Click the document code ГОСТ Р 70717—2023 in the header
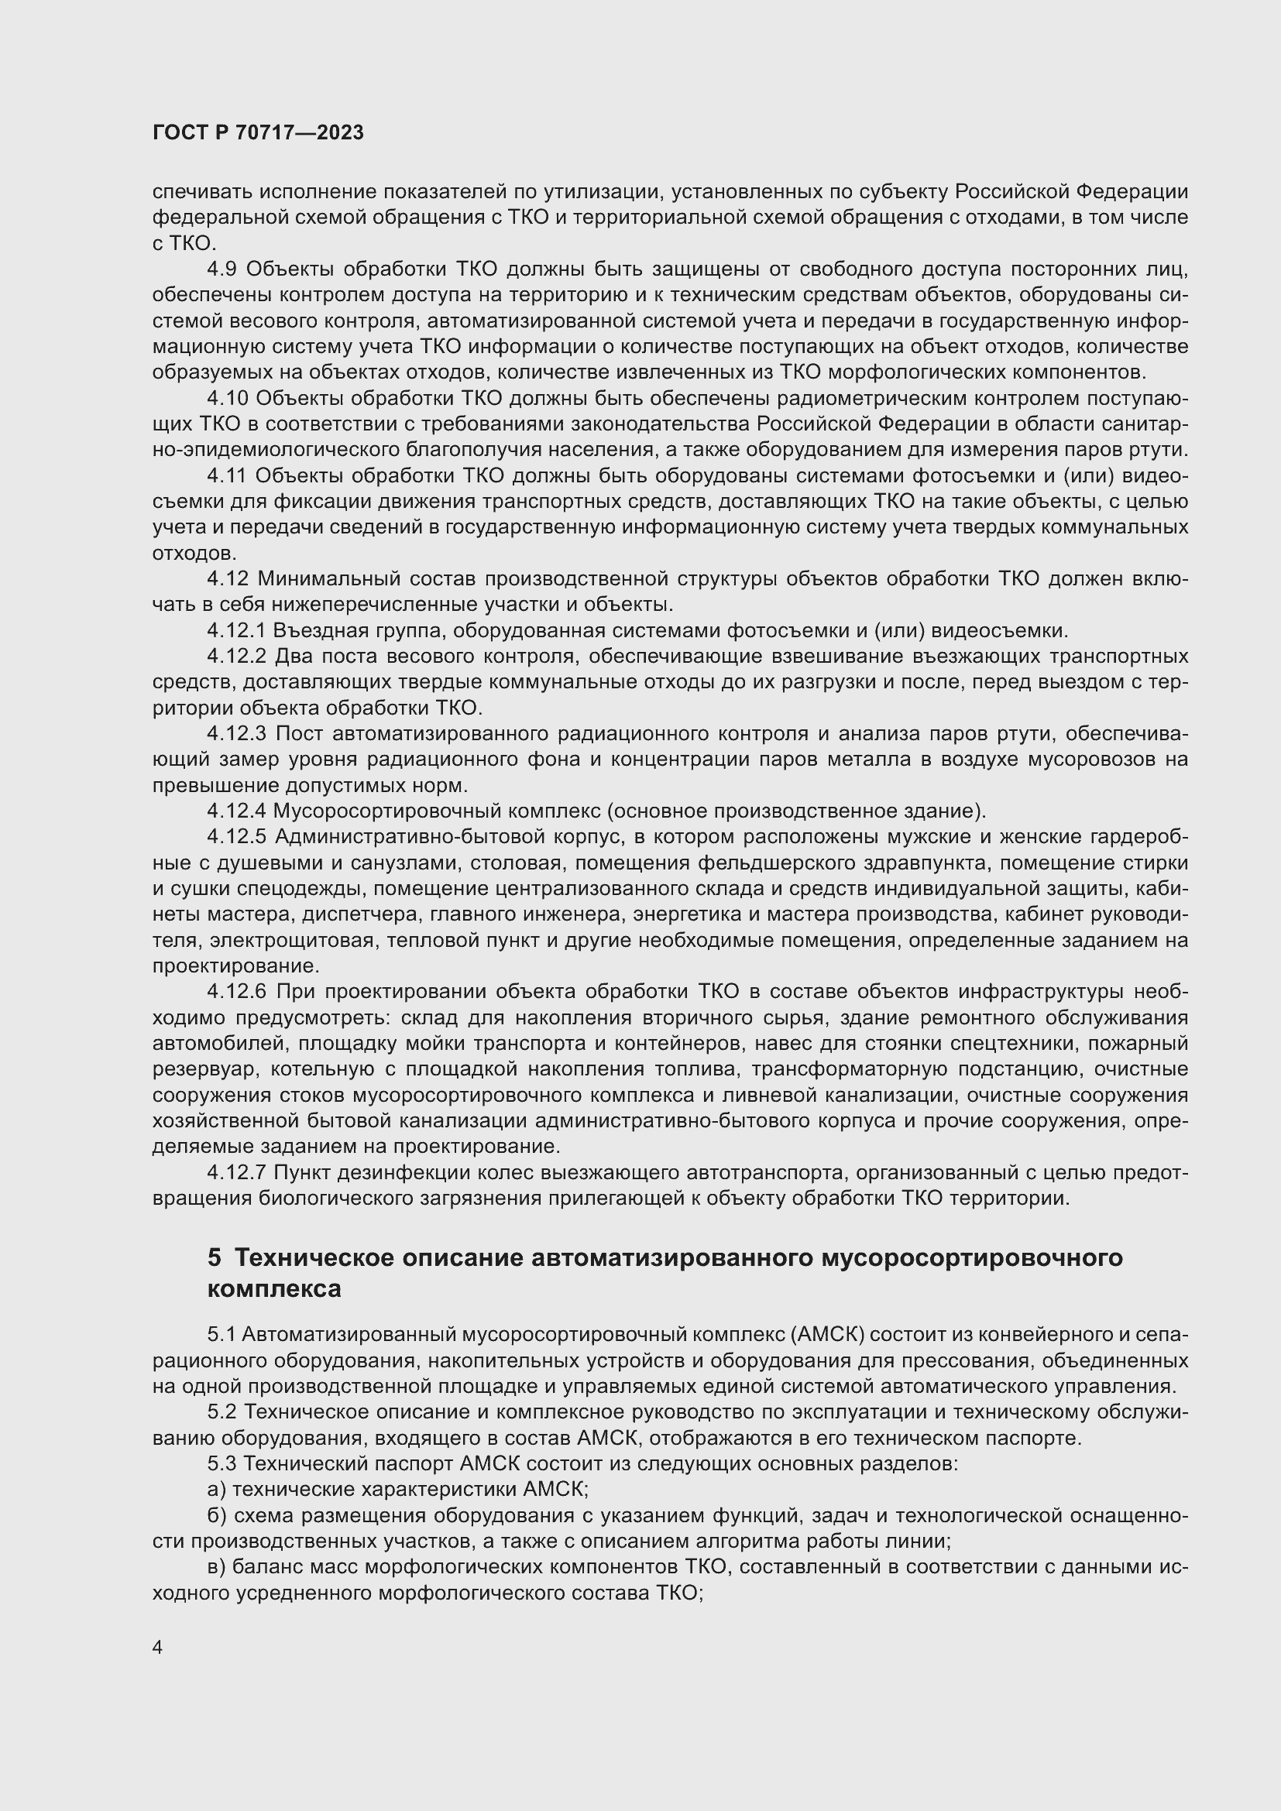(x=258, y=133)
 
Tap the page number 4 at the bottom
(x=158, y=1648)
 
